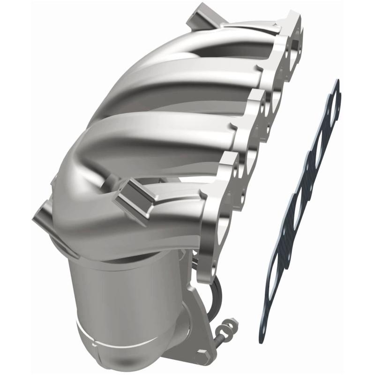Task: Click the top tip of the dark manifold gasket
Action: tap(336, 83)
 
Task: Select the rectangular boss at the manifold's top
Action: tap(199, 16)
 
